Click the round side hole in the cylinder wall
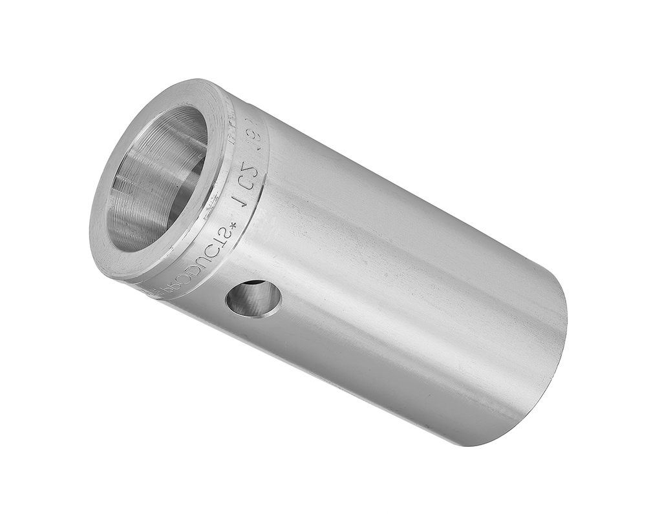(x=253, y=298)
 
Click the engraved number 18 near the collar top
(x=259, y=137)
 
